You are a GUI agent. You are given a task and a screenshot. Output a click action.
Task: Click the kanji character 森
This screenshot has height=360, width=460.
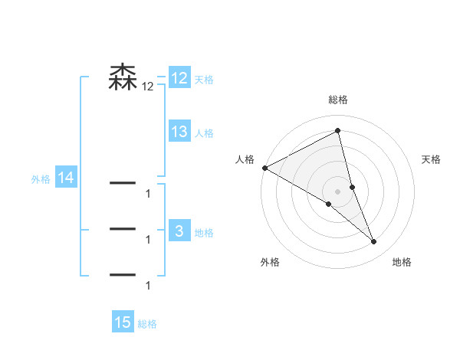point(123,77)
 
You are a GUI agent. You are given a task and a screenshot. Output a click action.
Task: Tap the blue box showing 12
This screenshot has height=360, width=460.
point(179,78)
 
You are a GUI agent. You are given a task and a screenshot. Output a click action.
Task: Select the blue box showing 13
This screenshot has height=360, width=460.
point(179,132)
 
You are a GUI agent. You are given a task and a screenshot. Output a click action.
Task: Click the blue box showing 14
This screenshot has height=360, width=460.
point(66,178)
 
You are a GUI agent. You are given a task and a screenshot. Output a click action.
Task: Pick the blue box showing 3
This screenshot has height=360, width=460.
point(179,231)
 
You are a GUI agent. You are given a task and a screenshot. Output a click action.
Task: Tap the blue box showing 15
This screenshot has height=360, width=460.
point(123,322)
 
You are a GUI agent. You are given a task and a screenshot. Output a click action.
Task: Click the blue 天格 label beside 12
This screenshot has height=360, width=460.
point(204,80)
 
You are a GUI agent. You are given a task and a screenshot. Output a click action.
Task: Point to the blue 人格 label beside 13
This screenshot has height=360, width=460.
point(204,133)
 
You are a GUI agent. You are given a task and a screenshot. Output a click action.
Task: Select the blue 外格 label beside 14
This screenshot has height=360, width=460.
point(41,179)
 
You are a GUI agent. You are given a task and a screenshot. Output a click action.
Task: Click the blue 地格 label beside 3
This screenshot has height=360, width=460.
point(204,233)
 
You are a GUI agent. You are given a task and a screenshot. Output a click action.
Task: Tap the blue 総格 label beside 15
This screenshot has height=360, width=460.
point(147,324)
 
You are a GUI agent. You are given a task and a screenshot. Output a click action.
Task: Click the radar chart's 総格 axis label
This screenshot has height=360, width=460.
point(338,100)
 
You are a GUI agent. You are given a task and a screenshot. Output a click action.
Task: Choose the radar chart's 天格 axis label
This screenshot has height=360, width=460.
point(432,159)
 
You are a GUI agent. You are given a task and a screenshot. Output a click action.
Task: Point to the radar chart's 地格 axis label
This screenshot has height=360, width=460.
point(402,262)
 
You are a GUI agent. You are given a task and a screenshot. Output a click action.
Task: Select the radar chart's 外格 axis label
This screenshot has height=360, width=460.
point(270,262)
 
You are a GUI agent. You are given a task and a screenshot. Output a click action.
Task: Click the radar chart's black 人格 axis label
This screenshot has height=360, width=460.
point(245,159)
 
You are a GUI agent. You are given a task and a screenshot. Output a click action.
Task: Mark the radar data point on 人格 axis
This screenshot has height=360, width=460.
point(264,168)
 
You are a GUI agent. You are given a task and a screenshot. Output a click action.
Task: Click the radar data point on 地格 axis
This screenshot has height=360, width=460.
point(374,241)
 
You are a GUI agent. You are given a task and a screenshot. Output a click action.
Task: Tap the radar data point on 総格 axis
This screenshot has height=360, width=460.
point(338,130)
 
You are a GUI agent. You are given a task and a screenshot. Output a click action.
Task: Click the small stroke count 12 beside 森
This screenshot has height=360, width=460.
point(147,87)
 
